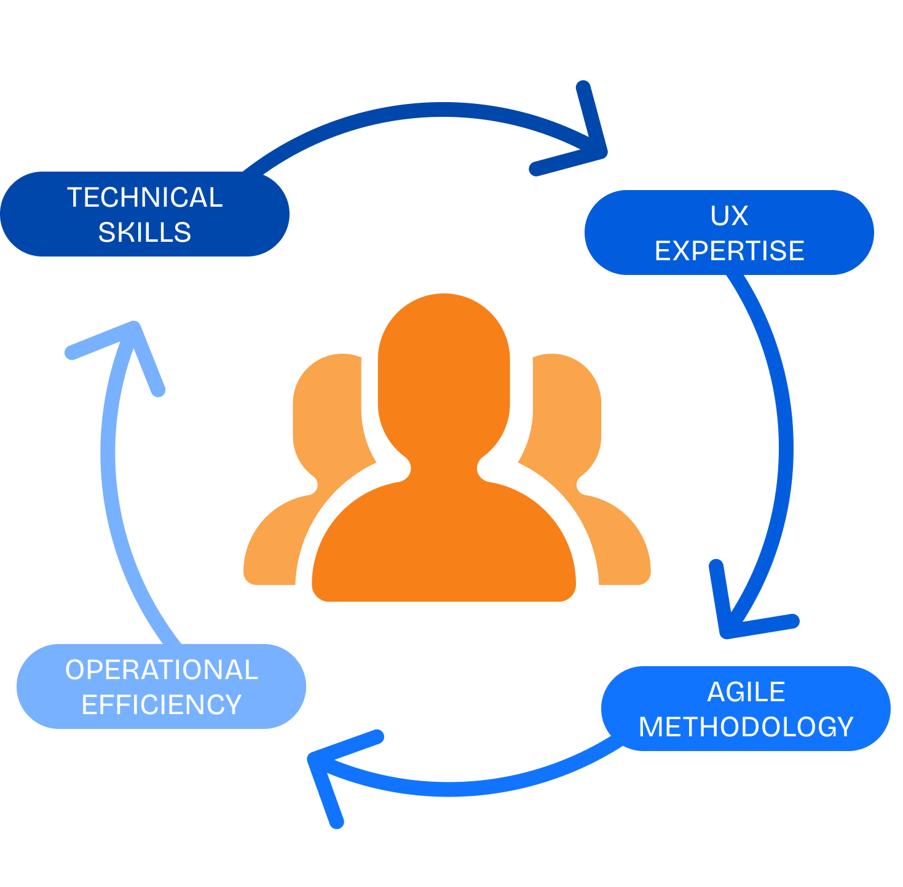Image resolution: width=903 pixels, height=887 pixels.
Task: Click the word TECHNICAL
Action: tap(144, 197)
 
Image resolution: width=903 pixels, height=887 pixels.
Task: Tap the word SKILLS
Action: tap(144, 233)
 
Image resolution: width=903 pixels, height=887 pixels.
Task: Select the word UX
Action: tap(729, 216)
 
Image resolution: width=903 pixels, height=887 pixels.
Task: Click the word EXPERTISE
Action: tap(729, 251)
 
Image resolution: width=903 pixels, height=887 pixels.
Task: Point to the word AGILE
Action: tap(746, 692)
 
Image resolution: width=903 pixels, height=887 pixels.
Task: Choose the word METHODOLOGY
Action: tap(746, 727)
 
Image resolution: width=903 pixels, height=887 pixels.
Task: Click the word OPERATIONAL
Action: tap(161, 670)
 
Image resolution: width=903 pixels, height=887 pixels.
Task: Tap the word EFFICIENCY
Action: tap(161, 705)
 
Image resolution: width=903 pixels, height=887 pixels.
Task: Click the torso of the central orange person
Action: tap(443, 541)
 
